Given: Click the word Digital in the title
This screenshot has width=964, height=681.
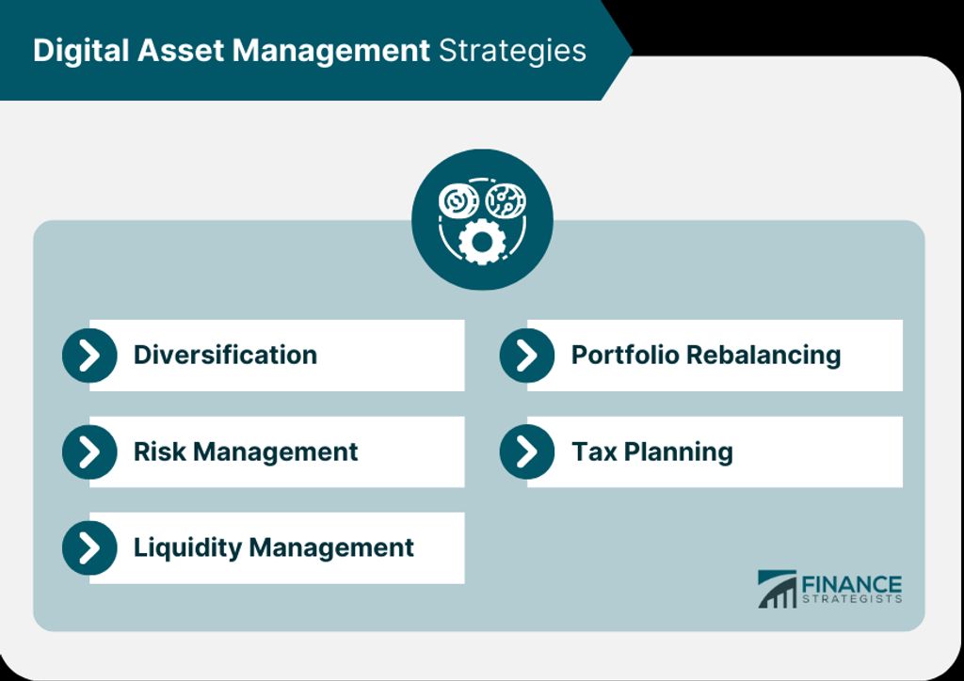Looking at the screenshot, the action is tap(82, 51).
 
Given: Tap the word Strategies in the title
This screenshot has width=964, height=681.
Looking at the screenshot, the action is tap(512, 51).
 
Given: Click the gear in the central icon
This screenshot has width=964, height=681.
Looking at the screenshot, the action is tap(482, 242).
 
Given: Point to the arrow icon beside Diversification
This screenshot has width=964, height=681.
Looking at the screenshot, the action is tap(89, 355).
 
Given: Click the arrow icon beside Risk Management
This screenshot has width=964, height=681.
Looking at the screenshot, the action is tap(89, 451).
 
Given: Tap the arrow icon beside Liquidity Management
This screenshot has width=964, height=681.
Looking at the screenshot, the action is tap(89, 547).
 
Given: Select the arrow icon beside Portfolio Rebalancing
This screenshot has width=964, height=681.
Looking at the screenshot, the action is tap(527, 355).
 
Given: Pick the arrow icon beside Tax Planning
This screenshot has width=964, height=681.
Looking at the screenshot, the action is tap(527, 451).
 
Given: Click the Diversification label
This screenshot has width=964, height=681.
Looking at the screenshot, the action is tap(225, 355).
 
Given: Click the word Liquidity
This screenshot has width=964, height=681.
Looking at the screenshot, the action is tap(187, 547).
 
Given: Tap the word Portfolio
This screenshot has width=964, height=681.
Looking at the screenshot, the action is tap(625, 355).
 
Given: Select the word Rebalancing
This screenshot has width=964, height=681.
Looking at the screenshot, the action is tap(763, 356).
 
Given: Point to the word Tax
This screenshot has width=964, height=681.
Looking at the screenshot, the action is tap(594, 451).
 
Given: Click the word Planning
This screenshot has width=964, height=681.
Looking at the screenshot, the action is tap(678, 452).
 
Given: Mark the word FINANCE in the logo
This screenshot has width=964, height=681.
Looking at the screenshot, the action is tap(851, 584).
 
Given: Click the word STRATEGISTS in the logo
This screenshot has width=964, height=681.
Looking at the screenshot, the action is tap(851, 599).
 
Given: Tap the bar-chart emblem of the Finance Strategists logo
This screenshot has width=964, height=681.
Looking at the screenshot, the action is tap(777, 589).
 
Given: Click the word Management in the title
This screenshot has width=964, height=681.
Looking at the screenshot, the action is tap(330, 51).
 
